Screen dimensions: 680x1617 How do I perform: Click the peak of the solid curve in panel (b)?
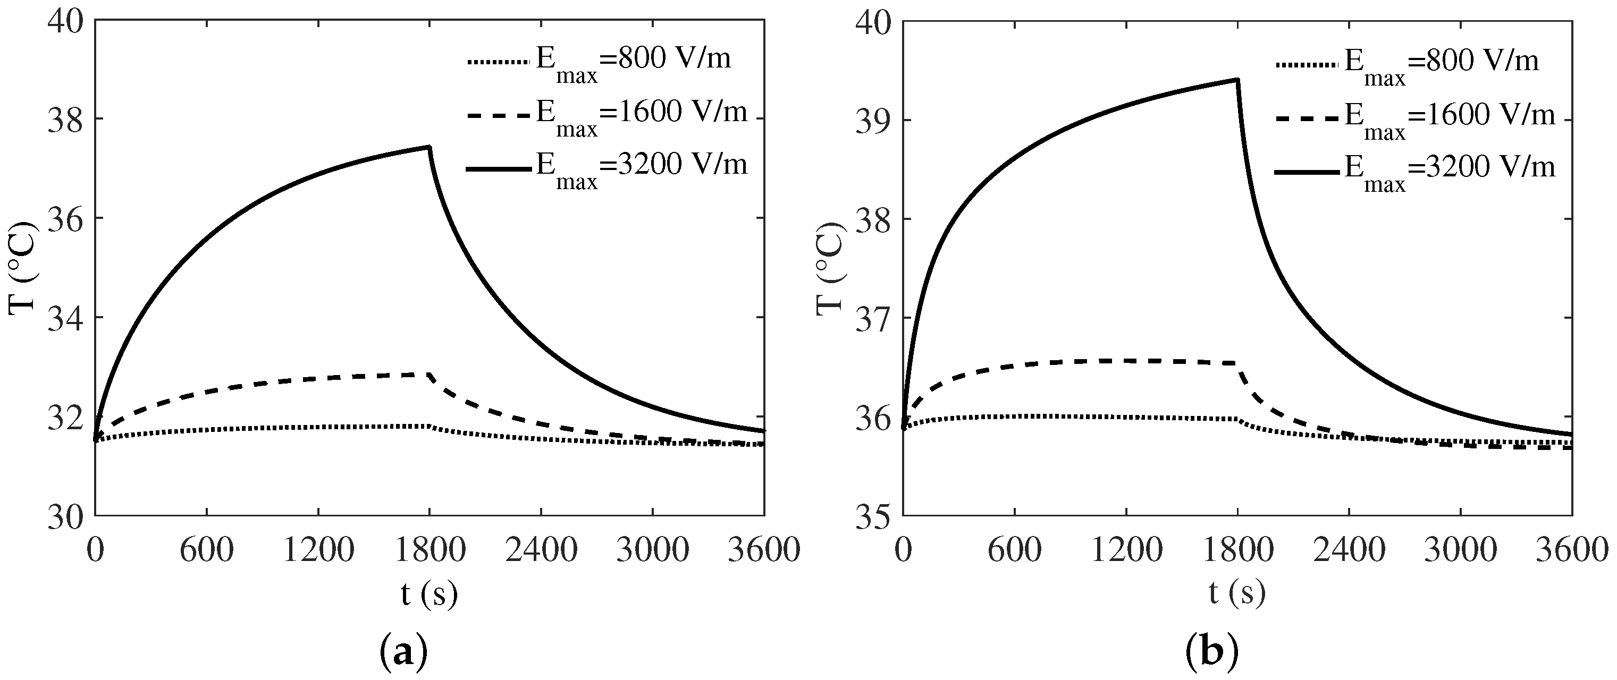tap(1236, 80)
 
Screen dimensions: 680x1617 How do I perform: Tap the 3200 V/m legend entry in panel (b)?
tap(1415, 169)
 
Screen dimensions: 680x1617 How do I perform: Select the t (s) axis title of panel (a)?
tap(429, 593)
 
